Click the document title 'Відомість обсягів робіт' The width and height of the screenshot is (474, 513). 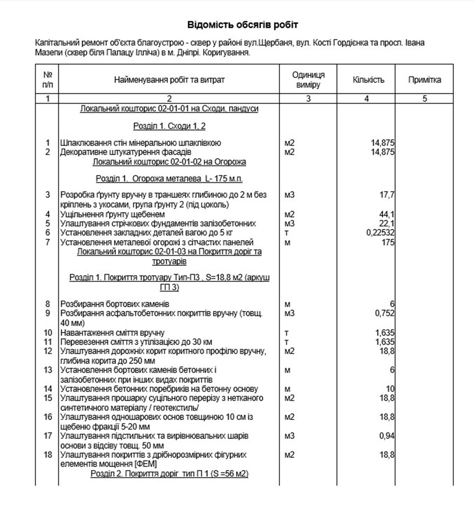243,25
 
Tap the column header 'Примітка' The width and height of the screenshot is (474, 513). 425,80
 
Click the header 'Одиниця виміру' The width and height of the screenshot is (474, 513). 308,80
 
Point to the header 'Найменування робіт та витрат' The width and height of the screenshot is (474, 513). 169,80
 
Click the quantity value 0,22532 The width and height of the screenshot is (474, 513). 380,233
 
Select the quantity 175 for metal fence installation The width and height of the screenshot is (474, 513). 388,242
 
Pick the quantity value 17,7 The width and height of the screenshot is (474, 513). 386,195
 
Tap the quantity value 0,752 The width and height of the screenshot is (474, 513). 384,314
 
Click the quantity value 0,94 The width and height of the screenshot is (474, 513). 386,436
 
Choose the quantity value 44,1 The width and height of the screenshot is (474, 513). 386,214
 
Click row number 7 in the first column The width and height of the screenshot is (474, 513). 48,242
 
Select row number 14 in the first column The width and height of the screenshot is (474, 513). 48,389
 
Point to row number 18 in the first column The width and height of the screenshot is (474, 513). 48,455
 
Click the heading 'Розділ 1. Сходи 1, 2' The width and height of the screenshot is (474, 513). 169,126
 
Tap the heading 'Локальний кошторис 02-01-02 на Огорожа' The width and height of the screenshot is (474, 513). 169,162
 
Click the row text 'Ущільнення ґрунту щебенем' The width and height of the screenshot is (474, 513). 113,214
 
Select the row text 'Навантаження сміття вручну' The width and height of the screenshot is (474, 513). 113,333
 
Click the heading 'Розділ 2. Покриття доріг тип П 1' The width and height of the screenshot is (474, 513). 169,474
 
